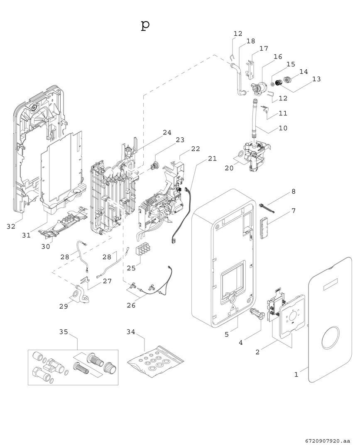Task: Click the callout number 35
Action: click(64, 332)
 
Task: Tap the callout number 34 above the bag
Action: click(131, 332)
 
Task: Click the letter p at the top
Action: click(145, 25)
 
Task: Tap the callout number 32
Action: click(11, 226)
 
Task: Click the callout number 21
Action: click(212, 158)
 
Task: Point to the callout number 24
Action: click(167, 133)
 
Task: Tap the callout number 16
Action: click(278, 56)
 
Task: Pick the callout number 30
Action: click(45, 246)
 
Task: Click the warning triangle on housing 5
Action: click(234, 309)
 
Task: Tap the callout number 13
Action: click(316, 79)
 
